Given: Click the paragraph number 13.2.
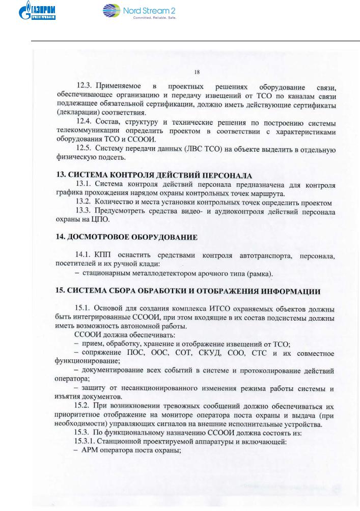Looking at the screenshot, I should pyautogui.click(x=84, y=203).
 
